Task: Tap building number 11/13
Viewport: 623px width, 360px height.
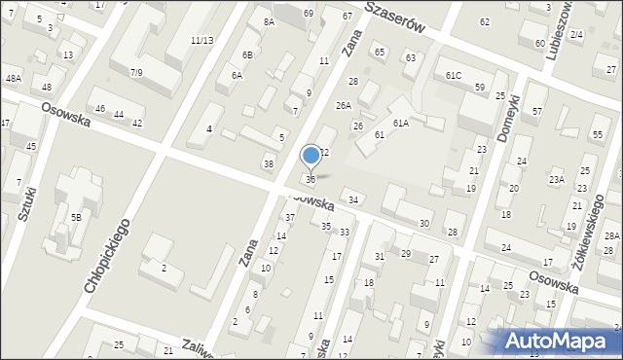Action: pyautogui.click(x=202, y=40)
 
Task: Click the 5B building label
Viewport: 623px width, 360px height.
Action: pyautogui.click(x=75, y=217)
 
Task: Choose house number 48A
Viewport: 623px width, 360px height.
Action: pyautogui.click(x=13, y=78)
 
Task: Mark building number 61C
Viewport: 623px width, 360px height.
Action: pyautogui.click(x=454, y=75)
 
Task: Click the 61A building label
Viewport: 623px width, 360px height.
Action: pyautogui.click(x=400, y=124)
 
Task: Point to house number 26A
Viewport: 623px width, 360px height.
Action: pyautogui.click(x=343, y=105)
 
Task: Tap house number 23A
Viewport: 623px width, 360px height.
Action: pyautogui.click(x=556, y=179)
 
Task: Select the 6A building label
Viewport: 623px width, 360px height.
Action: pyautogui.click(x=237, y=75)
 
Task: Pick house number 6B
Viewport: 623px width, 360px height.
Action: pyautogui.click(x=248, y=54)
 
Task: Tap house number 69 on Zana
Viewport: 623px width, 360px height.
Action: pyautogui.click(x=308, y=13)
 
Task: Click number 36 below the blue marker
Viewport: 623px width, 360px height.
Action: pyautogui.click(x=311, y=179)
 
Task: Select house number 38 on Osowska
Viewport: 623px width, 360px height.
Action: pyautogui.click(x=268, y=163)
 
